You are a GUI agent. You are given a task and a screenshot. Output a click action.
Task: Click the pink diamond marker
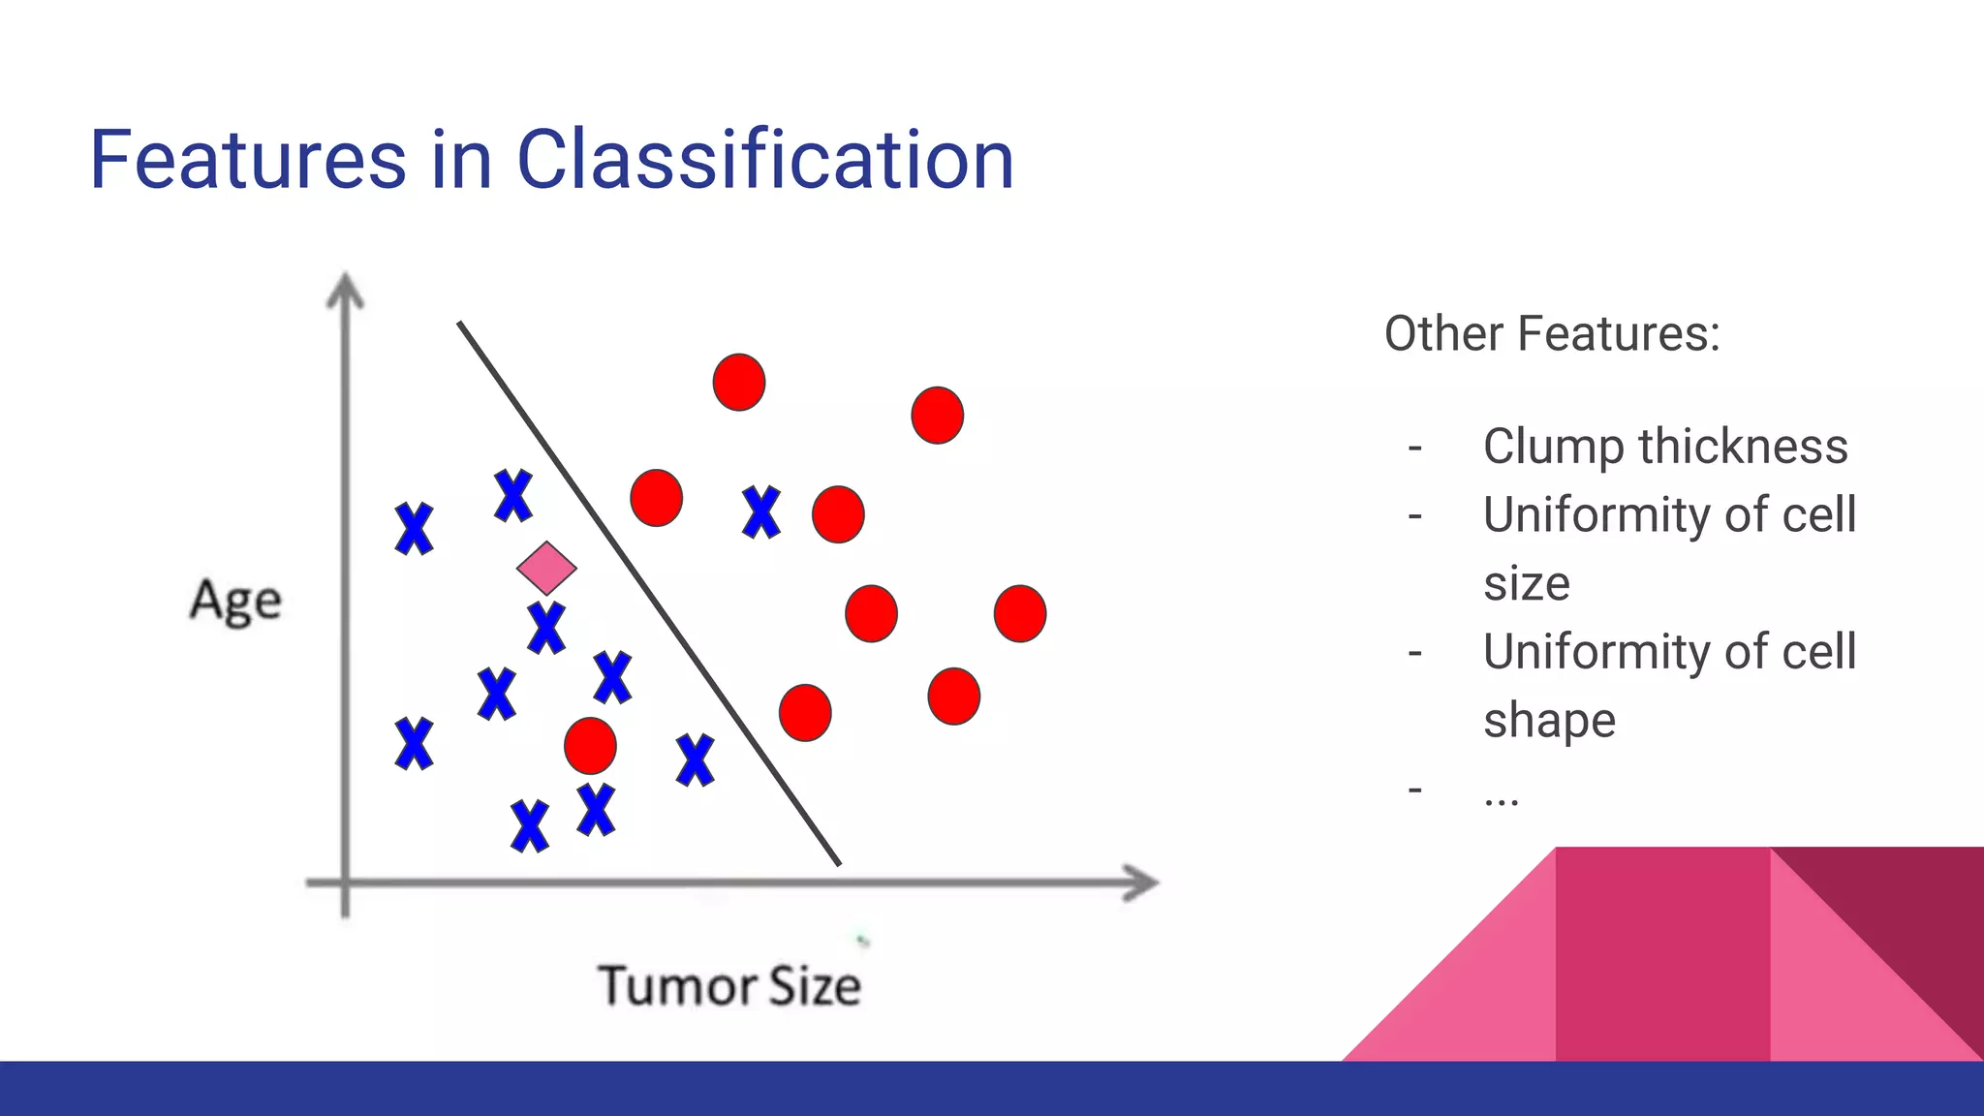click(x=546, y=568)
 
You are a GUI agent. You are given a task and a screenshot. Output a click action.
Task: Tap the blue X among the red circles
click(x=761, y=511)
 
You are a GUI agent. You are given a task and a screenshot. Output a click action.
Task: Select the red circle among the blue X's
click(x=590, y=746)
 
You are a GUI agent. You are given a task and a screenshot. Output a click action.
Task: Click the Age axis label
click(x=235, y=601)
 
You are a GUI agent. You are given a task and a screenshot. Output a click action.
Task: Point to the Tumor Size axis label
click(x=728, y=986)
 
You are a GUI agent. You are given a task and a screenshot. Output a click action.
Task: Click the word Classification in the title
click(x=765, y=160)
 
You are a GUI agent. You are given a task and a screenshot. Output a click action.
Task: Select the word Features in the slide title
click(x=248, y=160)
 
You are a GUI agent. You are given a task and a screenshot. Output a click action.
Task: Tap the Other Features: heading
click(x=1552, y=334)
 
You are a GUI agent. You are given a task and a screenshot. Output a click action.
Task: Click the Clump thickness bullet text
click(x=1664, y=447)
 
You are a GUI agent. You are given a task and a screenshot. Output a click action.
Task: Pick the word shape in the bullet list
click(x=1549, y=721)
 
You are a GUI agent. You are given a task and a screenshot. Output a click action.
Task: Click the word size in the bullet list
click(x=1526, y=583)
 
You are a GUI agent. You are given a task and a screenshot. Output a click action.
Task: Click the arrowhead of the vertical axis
click(x=345, y=290)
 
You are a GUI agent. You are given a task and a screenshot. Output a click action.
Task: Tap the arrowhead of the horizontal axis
click(x=1143, y=883)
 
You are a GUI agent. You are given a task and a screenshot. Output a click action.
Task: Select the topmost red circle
click(x=739, y=382)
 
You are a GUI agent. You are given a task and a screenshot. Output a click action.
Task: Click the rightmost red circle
click(x=1020, y=613)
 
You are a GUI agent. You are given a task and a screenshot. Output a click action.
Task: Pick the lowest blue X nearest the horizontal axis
click(x=530, y=826)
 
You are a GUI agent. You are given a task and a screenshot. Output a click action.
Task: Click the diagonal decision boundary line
click(x=649, y=593)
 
